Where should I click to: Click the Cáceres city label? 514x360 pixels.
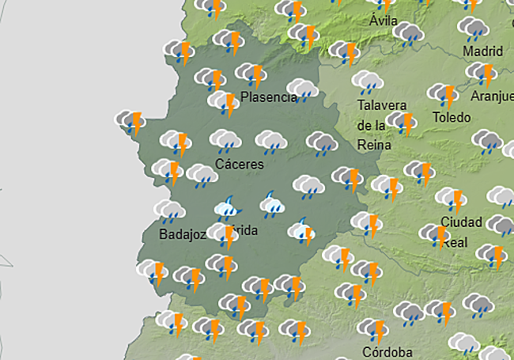pyautogui.click(x=239, y=165)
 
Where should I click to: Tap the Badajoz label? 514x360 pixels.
pyautogui.click(x=183, y=234)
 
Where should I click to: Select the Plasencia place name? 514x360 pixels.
pyautogui.click(x=268, y=98)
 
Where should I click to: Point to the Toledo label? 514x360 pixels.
pyautogui.click(x=452, y=117)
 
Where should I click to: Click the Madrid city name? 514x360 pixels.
pyautogui.click(x=482, y=51)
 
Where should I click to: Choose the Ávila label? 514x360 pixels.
pyautogui.click(x=383, y=21)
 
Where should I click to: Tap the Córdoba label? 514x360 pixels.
pyautogui.click(x=387, y=351)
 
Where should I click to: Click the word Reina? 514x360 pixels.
pyautogui.click(x=373, y=144)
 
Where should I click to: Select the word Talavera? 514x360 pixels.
pyautogui.click(x=382, y=105)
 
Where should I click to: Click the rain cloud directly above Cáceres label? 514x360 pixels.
pyautogui.click(x=225, y=142)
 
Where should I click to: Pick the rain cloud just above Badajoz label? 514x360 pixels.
pyautogui.click(x=169, y=211)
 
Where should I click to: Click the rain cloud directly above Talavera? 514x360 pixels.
pyautogui.click(x=368, y=82)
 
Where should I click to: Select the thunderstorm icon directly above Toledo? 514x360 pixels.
pyautogui.click(x=444, y=95)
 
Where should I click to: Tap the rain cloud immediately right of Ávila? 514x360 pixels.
pyautogui.click(x=408, y=34)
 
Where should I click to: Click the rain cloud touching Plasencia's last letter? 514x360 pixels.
pyautogui.click(x=302, y=89)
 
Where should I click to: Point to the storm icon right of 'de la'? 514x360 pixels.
pyautogui.click(x=403, y=123)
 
